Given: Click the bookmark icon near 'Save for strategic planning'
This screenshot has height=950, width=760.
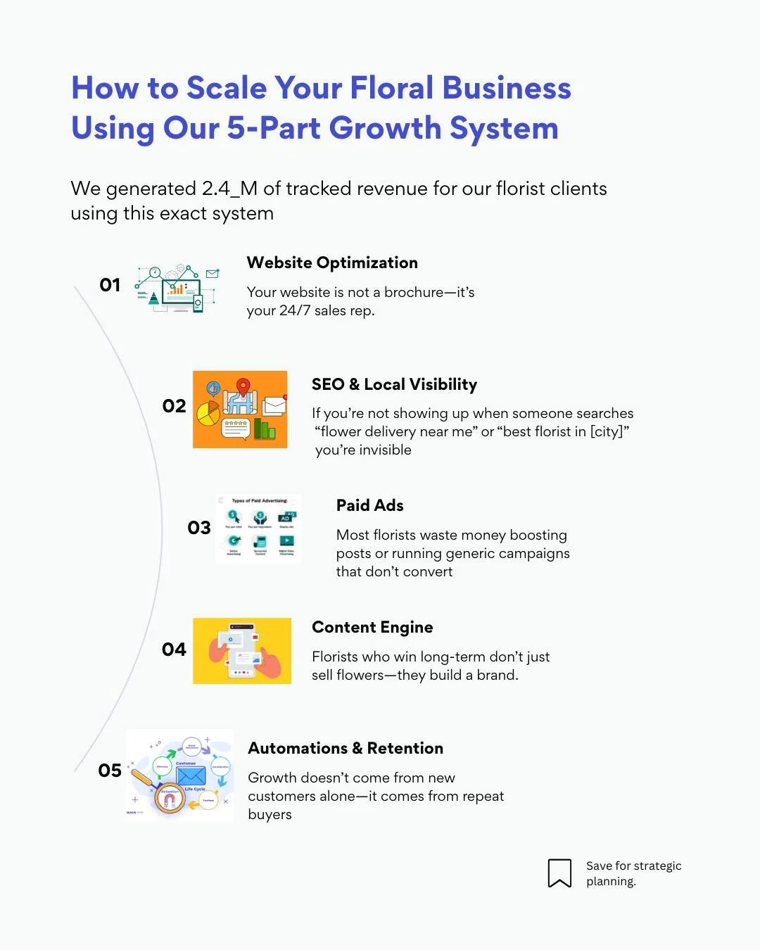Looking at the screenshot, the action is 559,873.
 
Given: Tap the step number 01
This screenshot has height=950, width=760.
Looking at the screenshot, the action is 110,285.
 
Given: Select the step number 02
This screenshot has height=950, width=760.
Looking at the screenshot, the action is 174,406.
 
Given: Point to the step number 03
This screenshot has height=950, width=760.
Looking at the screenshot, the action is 199,528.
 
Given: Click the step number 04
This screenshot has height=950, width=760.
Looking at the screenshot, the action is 174,650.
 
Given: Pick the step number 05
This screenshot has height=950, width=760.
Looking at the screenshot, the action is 110,771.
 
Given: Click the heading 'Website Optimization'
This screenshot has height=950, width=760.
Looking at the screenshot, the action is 332,262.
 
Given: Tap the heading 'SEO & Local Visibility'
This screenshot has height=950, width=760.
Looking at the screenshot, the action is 394,384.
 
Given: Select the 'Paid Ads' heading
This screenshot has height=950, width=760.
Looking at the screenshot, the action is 369,505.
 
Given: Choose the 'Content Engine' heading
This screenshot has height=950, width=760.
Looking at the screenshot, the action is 372,627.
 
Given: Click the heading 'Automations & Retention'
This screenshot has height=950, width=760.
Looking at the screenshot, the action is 346,748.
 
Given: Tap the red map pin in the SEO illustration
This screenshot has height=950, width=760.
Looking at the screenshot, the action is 243,386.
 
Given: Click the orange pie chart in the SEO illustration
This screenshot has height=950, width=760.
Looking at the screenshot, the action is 208,414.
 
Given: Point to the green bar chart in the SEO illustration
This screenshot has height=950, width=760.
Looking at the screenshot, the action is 265,429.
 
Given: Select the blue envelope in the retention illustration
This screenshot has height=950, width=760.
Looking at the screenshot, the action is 191,775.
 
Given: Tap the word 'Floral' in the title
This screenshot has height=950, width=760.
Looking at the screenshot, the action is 392,88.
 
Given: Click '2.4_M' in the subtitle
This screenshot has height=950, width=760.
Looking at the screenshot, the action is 229,189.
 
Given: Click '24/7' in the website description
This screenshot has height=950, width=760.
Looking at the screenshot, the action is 294,310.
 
